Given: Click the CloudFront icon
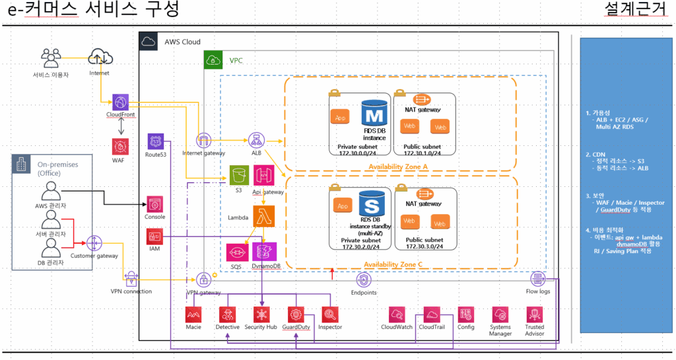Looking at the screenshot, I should [119, 102].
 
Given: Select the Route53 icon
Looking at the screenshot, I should [156, 141].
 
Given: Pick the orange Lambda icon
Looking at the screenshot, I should [264, 216].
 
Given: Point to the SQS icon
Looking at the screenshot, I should [236, 252].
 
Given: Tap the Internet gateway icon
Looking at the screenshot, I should [203, 141].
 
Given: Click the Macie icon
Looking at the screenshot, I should [193, 314].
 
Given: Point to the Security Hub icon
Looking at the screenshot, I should [260, 314].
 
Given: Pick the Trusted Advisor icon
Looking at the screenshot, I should [535, 314].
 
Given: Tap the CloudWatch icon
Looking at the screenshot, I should [397, 314].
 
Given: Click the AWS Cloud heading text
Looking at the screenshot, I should [182, 42].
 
